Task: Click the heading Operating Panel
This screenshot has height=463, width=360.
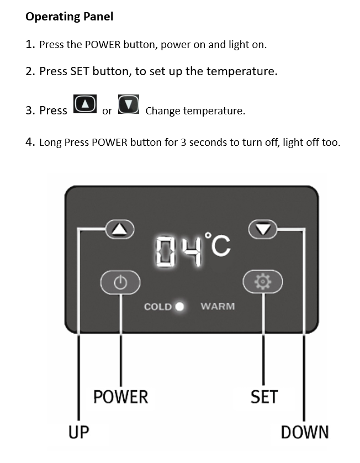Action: coord(70,17)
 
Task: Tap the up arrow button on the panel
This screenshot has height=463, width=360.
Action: coord(120,229)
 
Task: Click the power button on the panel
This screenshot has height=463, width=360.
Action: coord(120,282)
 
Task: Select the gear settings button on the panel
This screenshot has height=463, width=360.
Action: coord(263,281)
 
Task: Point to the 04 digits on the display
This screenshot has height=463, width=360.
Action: coord(178,251)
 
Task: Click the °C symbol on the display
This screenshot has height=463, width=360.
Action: coord(218,245)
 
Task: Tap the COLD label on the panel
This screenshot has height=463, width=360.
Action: coord(158,307)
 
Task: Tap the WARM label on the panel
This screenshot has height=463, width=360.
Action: coord(218,307)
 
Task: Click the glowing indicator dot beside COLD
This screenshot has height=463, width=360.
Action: coord(179,307)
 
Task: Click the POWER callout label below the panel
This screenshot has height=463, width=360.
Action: coord(121,397)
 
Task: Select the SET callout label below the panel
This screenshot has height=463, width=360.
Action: coord(264,397)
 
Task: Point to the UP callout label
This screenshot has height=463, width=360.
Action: coord(78,432)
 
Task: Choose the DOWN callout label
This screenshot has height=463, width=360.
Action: coord(305,432)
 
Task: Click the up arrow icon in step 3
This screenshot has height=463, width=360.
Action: coord(85,104)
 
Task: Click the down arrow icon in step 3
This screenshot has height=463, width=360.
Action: coord(129,104)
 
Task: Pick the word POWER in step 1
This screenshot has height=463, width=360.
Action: coord(103,45)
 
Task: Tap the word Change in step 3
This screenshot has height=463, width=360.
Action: coord(163,111)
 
